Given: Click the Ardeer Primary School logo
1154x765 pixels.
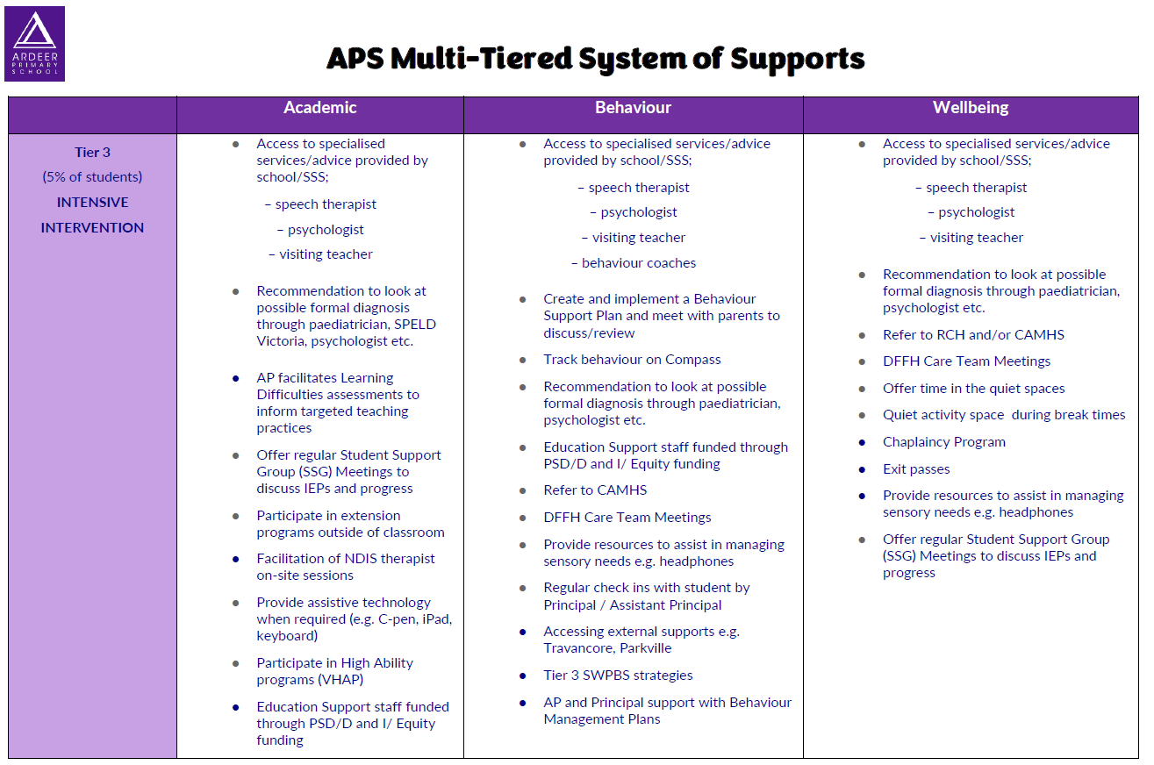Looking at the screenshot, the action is pyautogui.click(x=34, y=44).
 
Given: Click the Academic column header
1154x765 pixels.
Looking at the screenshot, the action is pyautogui.click(x=320, y=108).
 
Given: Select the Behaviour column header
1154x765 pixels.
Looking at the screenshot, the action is pyautogui.click(x=633, y=108).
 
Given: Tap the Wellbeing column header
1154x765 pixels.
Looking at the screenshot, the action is pyautogui.click(x=971, y=108).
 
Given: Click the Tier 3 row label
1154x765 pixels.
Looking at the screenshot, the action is pyautogui.click(x=92, y=153).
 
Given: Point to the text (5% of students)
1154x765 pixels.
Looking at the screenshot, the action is pyautogui.click(x=92, y=177).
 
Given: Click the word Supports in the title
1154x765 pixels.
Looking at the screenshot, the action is pyautogui.click(x=798, y=59).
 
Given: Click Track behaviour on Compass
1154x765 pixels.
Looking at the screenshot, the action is pyautogui.click(x=632, y=360).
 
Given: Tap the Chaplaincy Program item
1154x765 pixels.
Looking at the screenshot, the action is pyautogui.click(x=943, y=442).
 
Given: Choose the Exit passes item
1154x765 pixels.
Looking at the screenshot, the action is pyautogui.click(x=916, y=469).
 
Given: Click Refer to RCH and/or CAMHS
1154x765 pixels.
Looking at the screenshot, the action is pyautogui.click(x=973, y=335).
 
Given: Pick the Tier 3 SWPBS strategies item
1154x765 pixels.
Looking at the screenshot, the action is pyautogui.click(x=618, y=676).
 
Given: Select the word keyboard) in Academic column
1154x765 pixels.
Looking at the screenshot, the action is pyautogui.click(x=287, y=636).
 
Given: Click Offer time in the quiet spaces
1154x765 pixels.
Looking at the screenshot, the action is pyautogui.click(x=974, y=389).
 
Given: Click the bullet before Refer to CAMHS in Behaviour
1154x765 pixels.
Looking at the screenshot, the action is pyautogui.click(x=522, y=491).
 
